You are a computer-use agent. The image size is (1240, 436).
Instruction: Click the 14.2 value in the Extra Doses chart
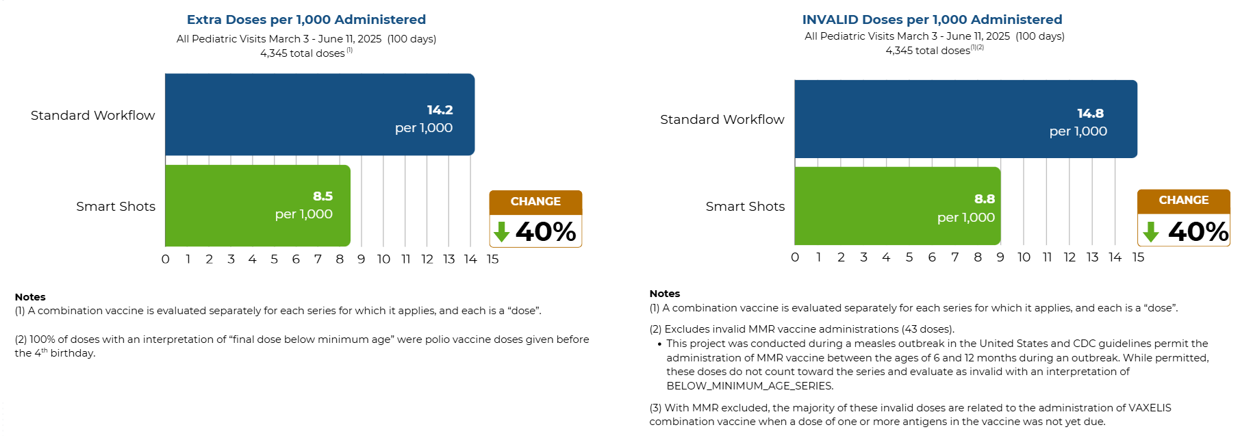click(440, 110)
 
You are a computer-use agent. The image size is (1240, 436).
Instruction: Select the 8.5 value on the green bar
click(322, 196)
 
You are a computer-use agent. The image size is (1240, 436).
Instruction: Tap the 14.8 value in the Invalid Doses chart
click(1090, 114)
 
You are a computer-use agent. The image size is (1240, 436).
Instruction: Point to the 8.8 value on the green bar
click(985, 199)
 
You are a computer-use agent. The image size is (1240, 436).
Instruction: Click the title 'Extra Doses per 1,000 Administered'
click(306, 20)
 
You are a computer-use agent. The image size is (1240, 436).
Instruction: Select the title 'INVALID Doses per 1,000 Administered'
click(932, 20)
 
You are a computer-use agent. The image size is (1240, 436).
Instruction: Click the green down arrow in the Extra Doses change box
click(502, 232)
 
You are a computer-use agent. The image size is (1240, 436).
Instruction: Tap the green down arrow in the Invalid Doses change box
click(1151, 232)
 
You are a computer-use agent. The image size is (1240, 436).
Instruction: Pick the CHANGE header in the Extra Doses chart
click(535, 202)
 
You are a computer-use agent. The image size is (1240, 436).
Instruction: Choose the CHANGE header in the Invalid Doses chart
click(1183, 201)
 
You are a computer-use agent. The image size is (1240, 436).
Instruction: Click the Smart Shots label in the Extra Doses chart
click(116, 207)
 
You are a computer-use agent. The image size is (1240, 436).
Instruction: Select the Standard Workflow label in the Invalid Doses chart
click(722, 120)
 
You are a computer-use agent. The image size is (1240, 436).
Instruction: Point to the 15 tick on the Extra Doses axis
click(492, 259)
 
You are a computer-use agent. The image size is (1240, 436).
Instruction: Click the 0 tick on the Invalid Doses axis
click(795, 257)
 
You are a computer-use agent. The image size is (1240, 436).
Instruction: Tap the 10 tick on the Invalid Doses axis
click(1024, 257)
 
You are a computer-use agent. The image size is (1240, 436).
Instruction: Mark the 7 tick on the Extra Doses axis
click(318, 259)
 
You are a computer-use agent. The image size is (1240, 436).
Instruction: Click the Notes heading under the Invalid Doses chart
click(664, 294)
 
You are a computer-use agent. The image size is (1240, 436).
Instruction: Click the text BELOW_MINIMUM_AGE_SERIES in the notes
click(749, 386)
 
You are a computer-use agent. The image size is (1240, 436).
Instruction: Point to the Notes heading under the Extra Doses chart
click(30, 297)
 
